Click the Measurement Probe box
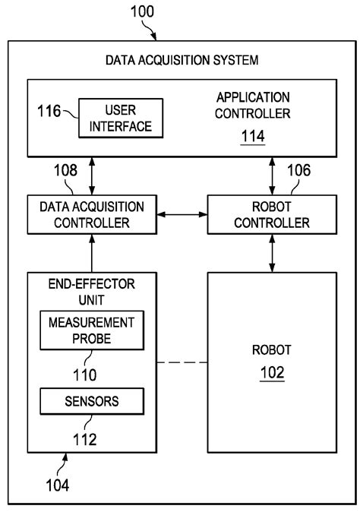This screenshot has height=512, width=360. point(91,330)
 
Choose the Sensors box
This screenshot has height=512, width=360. point(91,400)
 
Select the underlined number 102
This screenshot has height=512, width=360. point(271,374)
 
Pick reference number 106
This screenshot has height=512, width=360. point(298,172)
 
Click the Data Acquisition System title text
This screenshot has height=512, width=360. point(180,58)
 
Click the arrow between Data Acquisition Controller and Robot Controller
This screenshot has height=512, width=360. point(181,214)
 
